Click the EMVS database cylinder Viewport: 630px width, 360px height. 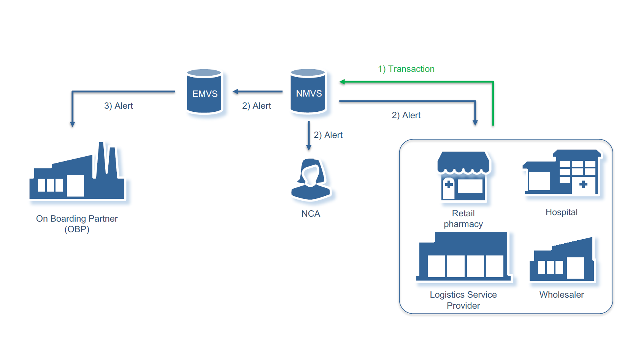point(205,92)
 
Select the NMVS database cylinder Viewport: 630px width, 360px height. point(308,92)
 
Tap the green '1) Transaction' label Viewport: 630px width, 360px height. point(406,69)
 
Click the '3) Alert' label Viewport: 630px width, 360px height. point(119,106)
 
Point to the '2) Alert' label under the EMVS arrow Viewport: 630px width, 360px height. point(257,106)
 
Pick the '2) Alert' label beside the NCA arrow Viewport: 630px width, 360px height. point(328,135)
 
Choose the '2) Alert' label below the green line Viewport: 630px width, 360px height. point(406,115)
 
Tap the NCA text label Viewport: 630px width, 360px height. point(311,214)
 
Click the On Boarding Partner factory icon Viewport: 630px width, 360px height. point(77,173)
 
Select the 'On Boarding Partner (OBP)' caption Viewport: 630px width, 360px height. point(77,224)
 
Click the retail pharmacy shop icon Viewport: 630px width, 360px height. point(463,176)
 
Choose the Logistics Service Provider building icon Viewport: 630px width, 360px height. point(463,257)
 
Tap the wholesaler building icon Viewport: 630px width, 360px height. point(562,260)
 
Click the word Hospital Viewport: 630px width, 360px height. point(562,212)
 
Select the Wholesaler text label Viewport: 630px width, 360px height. point(562,295)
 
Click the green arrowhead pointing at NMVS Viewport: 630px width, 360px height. point(342,82)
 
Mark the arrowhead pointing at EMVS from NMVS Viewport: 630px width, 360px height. point(235,92)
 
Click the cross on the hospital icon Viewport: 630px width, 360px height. point(583,185)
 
